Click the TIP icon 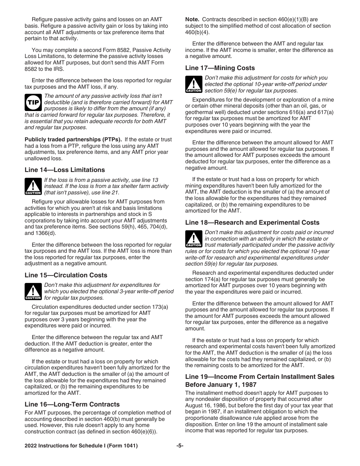point(33,102)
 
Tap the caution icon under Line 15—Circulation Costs point(33,291)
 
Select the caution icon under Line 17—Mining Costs point(194,84)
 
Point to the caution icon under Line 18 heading point(194,239)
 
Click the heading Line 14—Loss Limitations point(65,170)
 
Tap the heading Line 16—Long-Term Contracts point(72,404)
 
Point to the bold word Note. point(192,19)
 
